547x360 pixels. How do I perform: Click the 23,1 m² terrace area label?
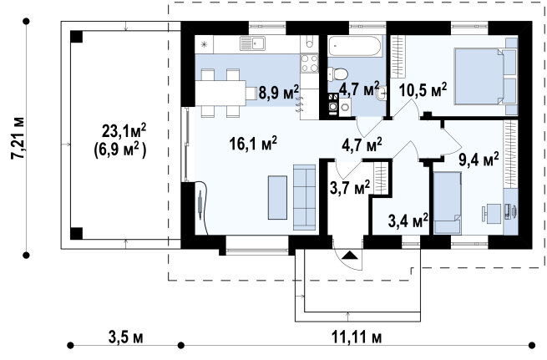click(x=124, y=131)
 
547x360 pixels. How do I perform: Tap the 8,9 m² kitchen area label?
click(x=279, y=92)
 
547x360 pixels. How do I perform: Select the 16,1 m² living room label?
click(x=253, y=143)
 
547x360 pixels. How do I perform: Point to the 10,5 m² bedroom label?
click(x=423, y=90)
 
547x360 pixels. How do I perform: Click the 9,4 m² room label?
click(x=479, y=160)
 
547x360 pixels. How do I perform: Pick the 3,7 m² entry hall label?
click(x=350, y=189)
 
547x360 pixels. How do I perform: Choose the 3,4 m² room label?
click(x=408, y=221)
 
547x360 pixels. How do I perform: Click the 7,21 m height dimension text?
click(x=18, y=138)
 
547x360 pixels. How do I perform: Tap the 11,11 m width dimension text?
click(x=357, y=337)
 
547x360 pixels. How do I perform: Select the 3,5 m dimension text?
click(x=125, y=337)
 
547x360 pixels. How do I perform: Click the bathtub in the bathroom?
click(x=355, y=46)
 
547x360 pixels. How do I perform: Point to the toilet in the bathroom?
click(x=337, y=74)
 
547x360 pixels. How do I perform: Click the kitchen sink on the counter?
click(x=252, y=43)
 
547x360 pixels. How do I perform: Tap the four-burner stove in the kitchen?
click(x=310, y=63)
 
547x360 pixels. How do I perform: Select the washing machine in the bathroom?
click(x=333, y=104)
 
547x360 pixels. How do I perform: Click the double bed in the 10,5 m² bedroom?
click(x=485, y=76)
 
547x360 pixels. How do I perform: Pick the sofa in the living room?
click(x=305, y=197)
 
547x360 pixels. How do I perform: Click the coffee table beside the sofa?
click(x=278, y=198)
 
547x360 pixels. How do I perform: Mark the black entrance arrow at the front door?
click(x=350, y=255)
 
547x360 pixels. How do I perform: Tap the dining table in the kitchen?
click(x=220, y=94)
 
